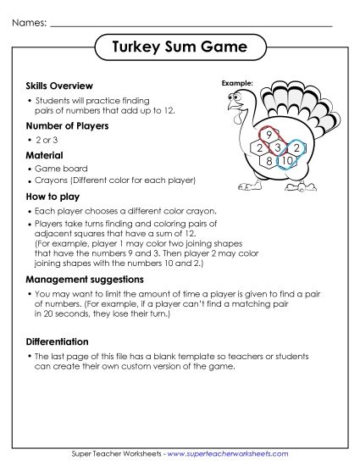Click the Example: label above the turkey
click(237, 84)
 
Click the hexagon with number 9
click(269, 135)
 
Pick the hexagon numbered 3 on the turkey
click(276, 148)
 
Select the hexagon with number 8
click(269, 160)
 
